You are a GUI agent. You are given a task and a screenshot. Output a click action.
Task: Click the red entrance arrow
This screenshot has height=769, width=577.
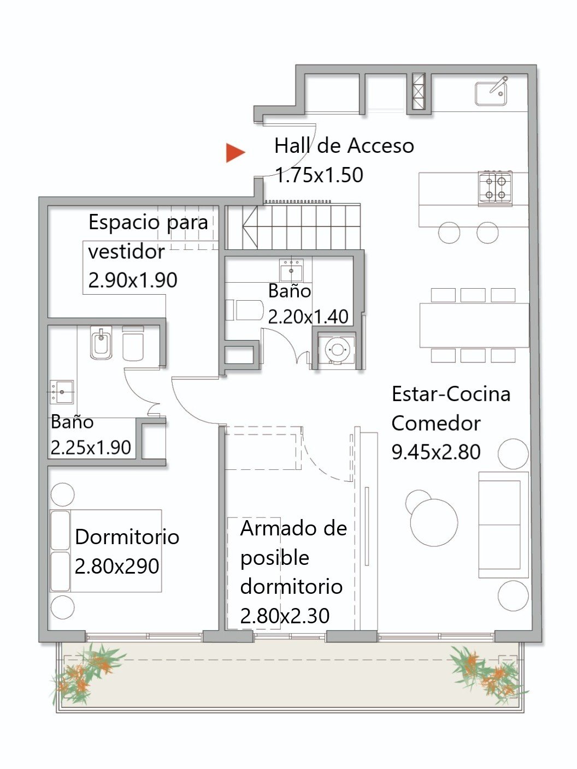tap(235, 153)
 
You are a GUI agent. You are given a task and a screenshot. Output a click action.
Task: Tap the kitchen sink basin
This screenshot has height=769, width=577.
tap(491, 94)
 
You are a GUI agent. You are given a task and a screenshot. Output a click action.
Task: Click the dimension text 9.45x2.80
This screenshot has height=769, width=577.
tap(436, 452)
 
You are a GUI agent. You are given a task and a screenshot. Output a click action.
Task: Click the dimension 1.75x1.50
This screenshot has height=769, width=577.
tap(319, 175)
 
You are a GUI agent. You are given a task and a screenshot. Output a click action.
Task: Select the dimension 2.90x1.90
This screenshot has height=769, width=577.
tap(133, 281)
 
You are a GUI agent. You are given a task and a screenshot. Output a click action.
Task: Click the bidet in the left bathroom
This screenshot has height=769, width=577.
tap(101, 343)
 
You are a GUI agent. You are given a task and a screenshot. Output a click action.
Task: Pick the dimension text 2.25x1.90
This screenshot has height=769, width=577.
tap(91, 448)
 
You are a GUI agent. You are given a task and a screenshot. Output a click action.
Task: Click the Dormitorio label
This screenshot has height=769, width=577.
tap(127, 536)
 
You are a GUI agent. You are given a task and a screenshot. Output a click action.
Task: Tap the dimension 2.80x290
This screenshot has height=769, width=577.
tap(117, 566)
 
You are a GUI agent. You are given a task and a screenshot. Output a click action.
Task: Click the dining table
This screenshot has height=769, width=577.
tap(474, 325)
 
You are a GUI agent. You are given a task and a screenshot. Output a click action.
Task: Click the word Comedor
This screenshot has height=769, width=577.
tap(436, 423)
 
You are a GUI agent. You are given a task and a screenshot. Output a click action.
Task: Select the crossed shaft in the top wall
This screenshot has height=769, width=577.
tap(419, 91)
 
